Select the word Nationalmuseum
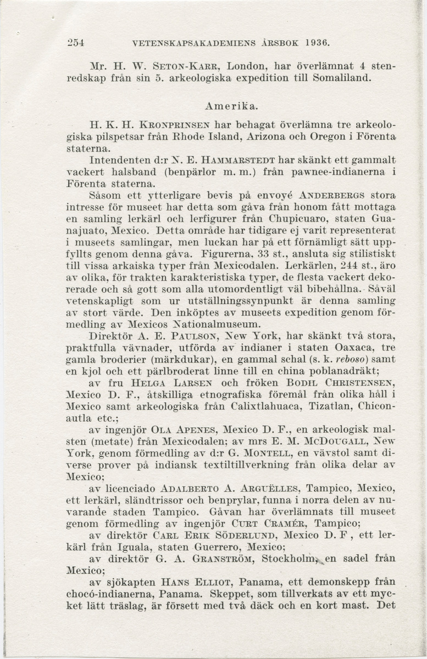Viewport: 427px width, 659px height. click(210, 325)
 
